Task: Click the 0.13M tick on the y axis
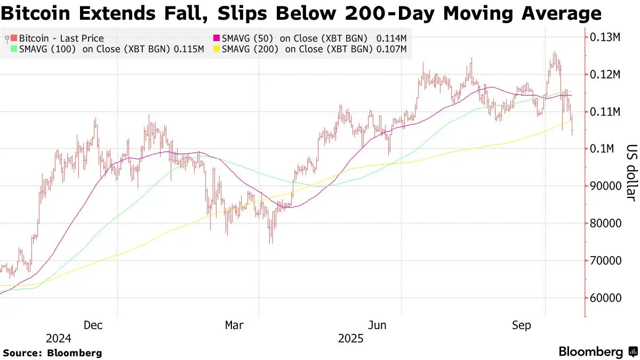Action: (x=605, y=37)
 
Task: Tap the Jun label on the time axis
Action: (x=377, y=325)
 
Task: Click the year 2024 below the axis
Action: (x=59, y=339)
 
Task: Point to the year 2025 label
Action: (x=350, y=339)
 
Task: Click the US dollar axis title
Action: (x=631, y=173)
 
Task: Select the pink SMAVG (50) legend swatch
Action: (x=217, y=38)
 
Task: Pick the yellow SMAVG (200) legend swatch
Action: (x=217, y=49)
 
